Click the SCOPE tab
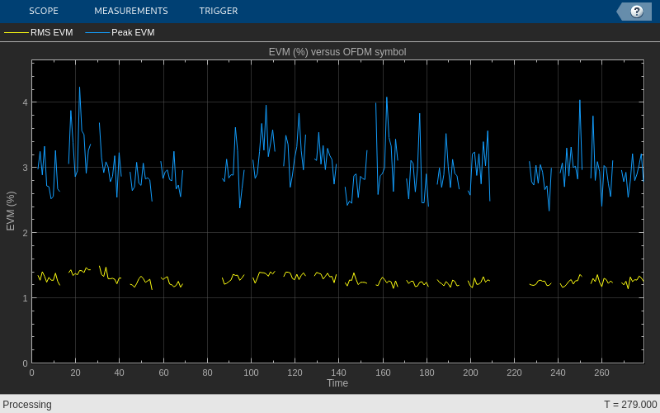(x=43, y=11)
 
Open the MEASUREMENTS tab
(x=130, y=11)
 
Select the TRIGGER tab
(x=219, y=11)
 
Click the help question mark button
(x=636, y=11)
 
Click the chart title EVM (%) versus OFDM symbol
(x=337, y=52)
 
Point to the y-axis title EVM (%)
(x=11, y=211)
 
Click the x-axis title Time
(x=337, y=383)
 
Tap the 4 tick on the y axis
(x=25, y=102)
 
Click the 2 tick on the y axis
(x=25, y=233)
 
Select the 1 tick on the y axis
(x=25, y=298)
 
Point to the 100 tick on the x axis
(x=251, y=373)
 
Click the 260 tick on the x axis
(x=601, y=373)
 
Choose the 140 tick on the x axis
(x=338, y=373)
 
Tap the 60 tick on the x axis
(x=163, y=373)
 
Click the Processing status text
(x=27, y=405)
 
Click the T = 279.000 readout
(x=630, y=405)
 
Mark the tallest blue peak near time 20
(x=79, y=88)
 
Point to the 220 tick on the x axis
(x=514, y=373)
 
